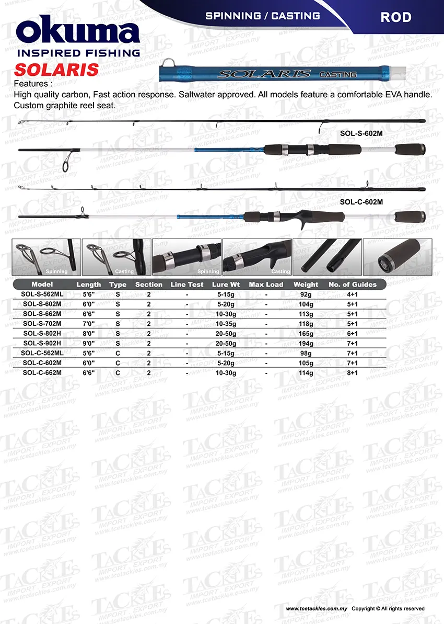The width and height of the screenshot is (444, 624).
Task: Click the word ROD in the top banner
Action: [395, 17]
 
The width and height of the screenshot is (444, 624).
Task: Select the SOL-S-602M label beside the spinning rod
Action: [361, 133]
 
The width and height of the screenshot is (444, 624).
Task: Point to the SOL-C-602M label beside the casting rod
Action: [361, 201]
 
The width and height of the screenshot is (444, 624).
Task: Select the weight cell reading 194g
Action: [306, 344]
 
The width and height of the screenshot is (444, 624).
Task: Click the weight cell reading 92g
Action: [306, 294]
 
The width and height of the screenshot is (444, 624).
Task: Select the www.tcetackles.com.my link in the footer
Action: [317, 609]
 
